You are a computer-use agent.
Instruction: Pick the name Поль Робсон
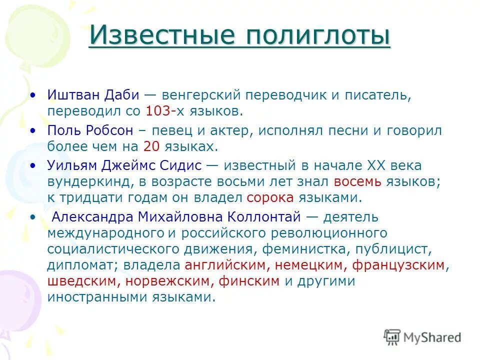(x=90, y=130)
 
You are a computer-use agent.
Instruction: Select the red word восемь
(x=357, y=181)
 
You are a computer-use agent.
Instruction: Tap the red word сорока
(x=270, y=197)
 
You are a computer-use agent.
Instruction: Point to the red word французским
(x=398, y=265)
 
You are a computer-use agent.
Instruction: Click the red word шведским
(x=82, y=281)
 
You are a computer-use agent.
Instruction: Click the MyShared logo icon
(x=392, y=337)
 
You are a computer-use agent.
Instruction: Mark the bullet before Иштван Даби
(x=33, y=94)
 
